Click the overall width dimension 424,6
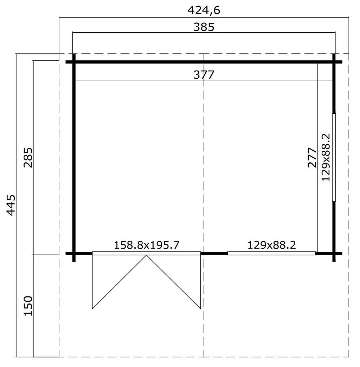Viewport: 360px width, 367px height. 204,10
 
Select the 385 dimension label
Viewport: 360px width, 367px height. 204,27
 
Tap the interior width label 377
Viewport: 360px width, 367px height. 204,75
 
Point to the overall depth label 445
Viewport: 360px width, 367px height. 11,205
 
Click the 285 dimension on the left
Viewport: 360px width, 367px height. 28,157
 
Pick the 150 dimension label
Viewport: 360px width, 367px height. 28,306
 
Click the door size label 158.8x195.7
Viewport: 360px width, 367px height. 147,245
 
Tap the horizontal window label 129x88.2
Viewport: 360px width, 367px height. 272,245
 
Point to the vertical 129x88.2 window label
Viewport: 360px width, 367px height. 326,157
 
